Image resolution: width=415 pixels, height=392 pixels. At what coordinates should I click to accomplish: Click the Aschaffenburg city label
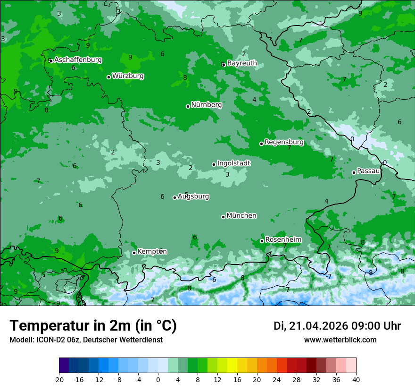[x=78, y=60]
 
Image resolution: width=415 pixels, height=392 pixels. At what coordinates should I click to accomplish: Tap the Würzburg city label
[x=128, y=76]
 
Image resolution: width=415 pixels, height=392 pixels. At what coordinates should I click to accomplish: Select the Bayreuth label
[x=242, y=63]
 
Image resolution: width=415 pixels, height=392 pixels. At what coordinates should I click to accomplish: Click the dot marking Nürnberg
[x=188, y=106]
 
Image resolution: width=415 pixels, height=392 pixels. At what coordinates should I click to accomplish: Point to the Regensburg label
[x=284, y=142]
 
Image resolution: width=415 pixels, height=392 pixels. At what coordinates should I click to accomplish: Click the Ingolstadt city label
[x=233, y=163]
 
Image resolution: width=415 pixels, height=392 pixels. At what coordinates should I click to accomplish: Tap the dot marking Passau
[x=354, y=172]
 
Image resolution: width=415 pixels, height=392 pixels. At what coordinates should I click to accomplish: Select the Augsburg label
[x=193, y=196]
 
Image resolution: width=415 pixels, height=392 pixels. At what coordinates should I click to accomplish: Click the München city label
[x=241, y=216]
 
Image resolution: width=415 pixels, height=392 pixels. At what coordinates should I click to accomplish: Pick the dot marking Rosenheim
[x=262, y=241]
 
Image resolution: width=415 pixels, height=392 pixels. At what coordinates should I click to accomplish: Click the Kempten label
[x=152, y=252]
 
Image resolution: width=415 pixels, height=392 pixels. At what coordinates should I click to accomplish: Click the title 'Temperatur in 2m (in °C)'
[x=93, y=326]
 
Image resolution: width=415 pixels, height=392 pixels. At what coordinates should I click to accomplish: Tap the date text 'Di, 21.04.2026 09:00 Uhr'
[x=337, y=326]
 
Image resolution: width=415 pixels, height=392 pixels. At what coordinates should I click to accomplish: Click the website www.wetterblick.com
[x=340, y=340]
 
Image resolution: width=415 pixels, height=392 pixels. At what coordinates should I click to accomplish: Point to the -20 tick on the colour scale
[x=59, y=379]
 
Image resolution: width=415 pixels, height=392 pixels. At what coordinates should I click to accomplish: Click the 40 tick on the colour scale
[x=356, y=379]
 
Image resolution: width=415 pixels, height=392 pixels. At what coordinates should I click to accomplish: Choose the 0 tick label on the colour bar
[x=158, y=379]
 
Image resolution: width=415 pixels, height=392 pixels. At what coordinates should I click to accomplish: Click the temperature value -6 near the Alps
[x=213, y=280]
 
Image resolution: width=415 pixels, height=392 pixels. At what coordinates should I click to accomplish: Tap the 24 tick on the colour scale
[x=277, y=379]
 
